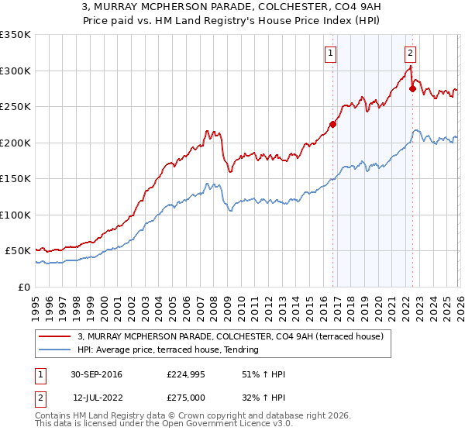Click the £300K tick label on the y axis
[x=15, y=71]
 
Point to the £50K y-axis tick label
[x=18, y=251]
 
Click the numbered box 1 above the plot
[x=331, y=53]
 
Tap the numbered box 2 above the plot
[x=410, y=53]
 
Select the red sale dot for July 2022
[x=412, y=88]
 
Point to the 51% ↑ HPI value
[x=263, y=374]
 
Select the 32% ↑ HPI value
[x=263, y=398]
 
